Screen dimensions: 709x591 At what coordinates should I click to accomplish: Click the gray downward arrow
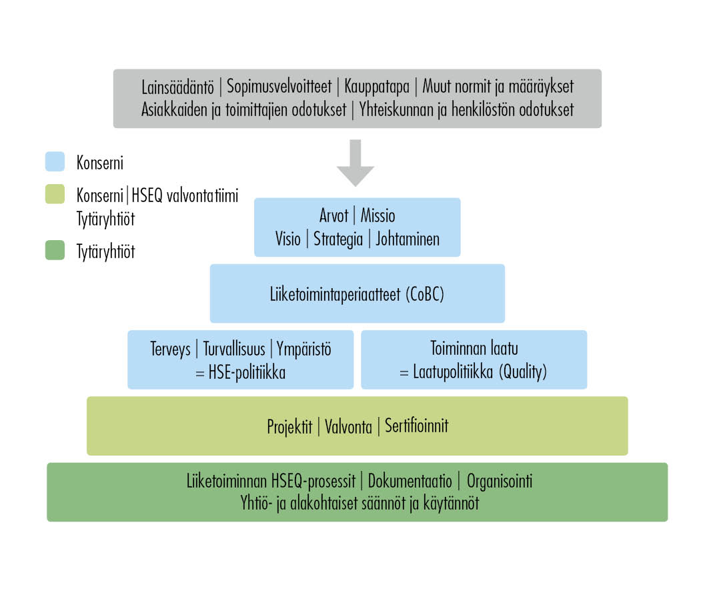click(x=356, y=163)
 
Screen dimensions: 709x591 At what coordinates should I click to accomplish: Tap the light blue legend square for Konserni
click(x=55, y=162)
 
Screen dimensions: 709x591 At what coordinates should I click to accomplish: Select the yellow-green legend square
click(x=55, y=194)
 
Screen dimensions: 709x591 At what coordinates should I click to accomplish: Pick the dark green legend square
click(x=55, y=251)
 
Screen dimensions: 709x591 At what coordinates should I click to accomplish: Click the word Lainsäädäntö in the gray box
click(x=177, y=87)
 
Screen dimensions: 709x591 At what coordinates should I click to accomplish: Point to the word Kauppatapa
click(x=377, y=87)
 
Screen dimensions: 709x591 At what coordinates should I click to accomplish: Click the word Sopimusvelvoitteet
click(x=279, y=86)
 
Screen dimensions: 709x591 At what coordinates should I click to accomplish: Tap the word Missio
click(x=378, y=215)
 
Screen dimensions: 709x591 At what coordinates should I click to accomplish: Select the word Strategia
click(x=338, y=239)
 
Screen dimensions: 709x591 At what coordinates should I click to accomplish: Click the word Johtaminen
click(x=408, y=239)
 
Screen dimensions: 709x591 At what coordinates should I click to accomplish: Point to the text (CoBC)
click(x=425, y=294)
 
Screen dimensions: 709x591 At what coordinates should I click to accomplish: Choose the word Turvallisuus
click(x=234, y=349)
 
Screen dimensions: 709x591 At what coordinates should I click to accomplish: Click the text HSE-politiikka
click(x=247, y=373)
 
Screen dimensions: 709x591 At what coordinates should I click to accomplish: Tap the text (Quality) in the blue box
click(x=523, y=372)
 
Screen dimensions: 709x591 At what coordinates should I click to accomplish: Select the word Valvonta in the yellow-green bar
click(x=348, y=427)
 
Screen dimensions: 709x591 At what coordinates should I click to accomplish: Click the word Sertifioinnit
click(x=416, y=426)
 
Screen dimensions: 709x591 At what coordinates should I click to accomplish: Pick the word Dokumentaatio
click(x=410, y=481)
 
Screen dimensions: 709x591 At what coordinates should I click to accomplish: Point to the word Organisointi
click(x=500, y=482)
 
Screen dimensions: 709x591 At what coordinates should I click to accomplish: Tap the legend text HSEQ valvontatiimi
click(x=185, y=196)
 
